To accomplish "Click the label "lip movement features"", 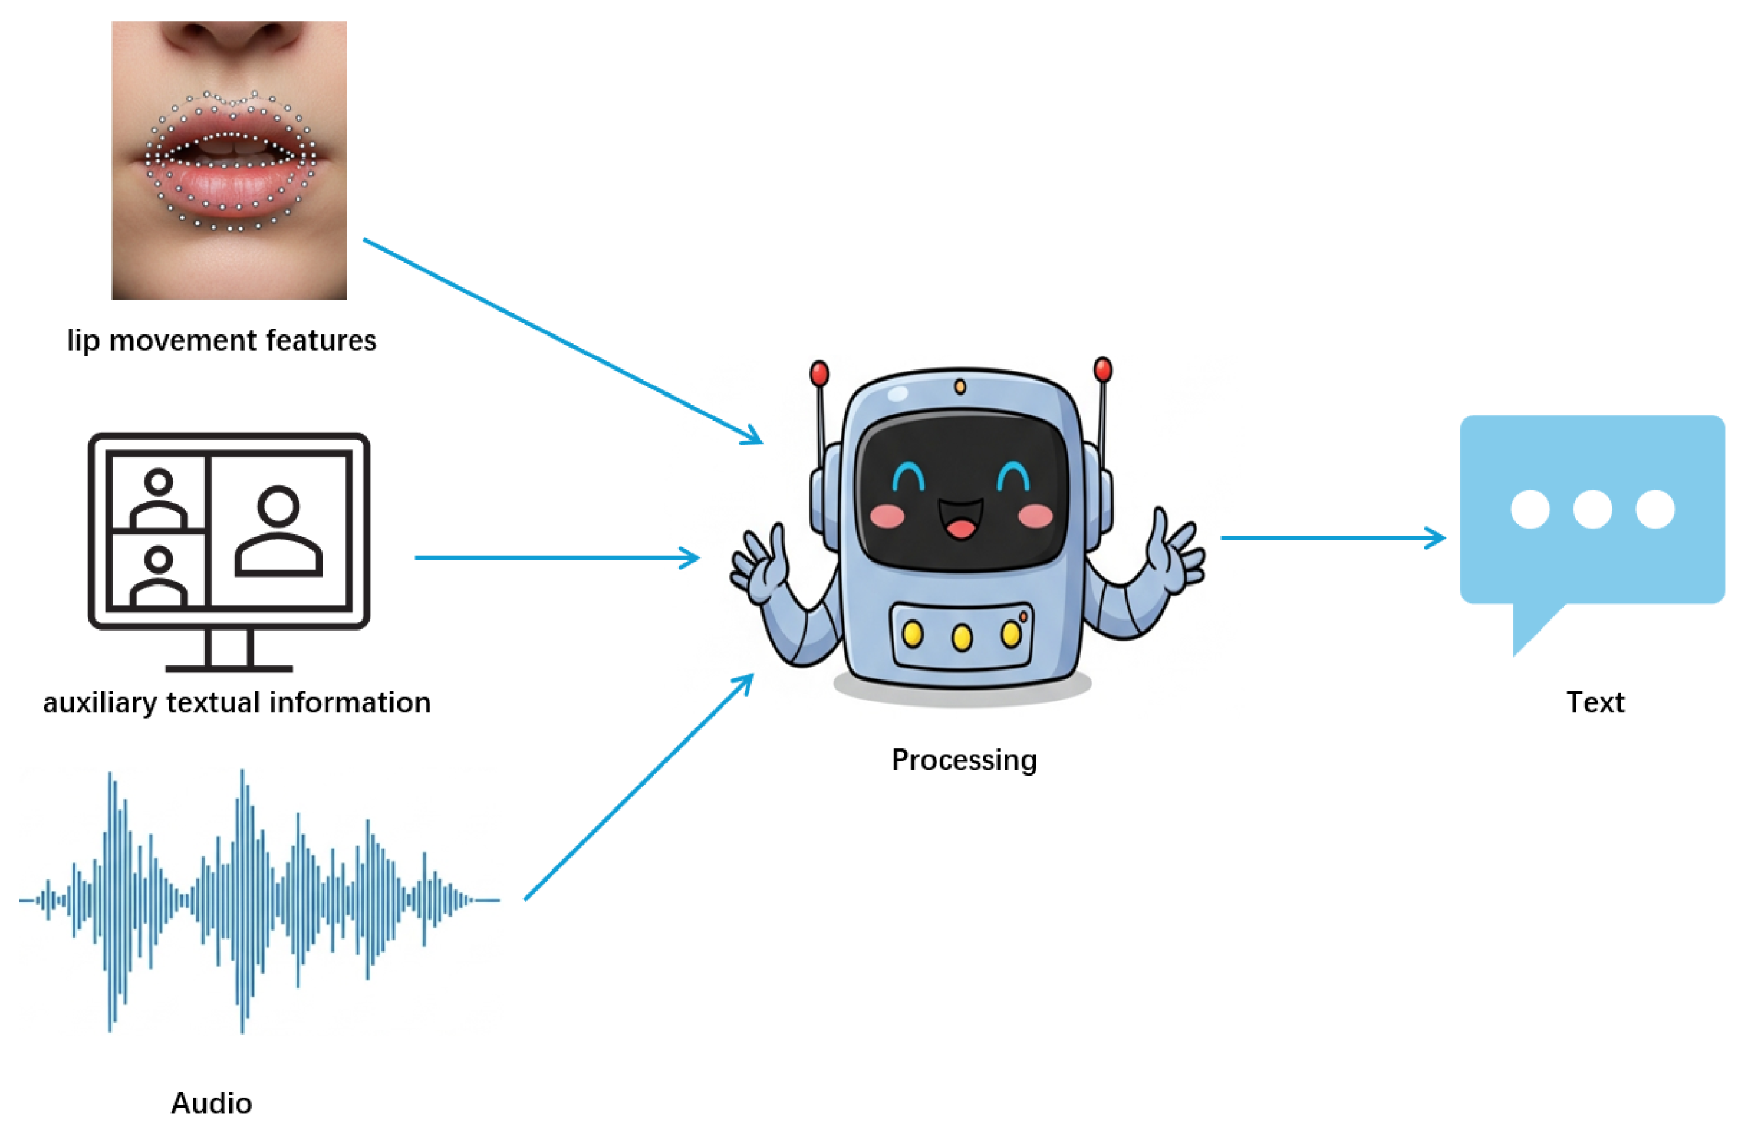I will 221,341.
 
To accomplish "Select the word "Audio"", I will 211,1103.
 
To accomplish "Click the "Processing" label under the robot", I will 964,760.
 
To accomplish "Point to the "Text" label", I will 1595,702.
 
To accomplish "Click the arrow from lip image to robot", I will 563,342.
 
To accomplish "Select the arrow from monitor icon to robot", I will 557,558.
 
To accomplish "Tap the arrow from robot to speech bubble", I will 1332,538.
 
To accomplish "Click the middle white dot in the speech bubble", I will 1592,509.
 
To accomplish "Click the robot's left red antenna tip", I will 819,373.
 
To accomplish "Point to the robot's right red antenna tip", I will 1102,369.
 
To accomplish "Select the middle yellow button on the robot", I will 962,637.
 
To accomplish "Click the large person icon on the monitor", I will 279,531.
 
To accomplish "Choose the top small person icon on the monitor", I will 158,498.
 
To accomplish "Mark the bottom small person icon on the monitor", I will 158,577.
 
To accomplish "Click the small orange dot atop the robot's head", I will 960,387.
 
